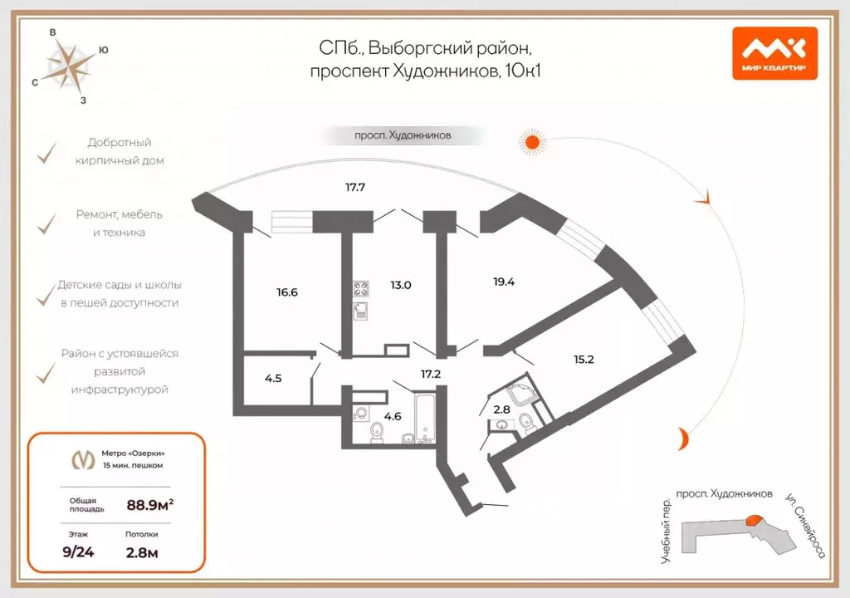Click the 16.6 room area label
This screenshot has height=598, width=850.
point(286,292)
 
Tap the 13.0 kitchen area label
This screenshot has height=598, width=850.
point(401,285)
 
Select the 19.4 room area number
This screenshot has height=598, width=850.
point(504,282)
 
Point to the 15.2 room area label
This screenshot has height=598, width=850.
point(584,360)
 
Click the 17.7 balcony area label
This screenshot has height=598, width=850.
point(355,188)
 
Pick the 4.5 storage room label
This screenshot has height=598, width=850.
point(273,379)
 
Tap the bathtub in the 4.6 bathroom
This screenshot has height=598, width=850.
point(424,419)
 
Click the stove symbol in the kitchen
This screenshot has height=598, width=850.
point(362,290)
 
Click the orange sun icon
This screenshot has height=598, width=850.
point(532,142)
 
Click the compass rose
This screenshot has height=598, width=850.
point(69,66)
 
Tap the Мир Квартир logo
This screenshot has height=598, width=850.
point(774,52)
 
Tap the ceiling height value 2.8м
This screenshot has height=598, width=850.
point(144,551)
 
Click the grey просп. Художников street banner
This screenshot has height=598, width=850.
point(392,135)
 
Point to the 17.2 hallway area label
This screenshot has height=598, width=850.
point(430,375)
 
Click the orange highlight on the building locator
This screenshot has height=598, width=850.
point(754,521)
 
